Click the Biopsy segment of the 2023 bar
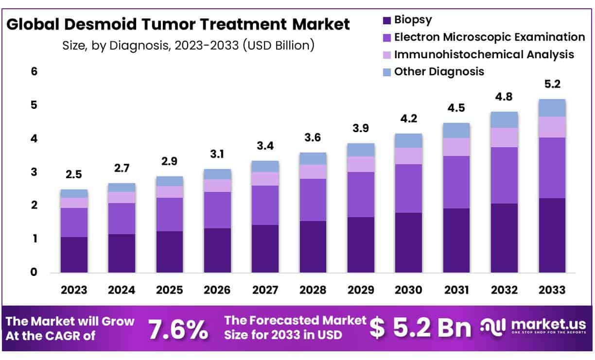click(74, 255)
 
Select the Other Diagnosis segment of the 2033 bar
click(552, 108)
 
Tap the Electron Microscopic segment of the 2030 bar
click(408, 189)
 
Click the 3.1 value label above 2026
click(217, 155)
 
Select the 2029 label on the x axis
click(361, 290)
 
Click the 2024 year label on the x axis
click(122, 290)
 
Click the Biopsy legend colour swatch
click(387, 20)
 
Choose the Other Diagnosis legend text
click(439, 71)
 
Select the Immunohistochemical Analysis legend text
click(484, 54)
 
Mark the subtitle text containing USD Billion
click(188, 45)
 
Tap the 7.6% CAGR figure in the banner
click(177, 329)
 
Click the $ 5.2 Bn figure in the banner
click(420, 329)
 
